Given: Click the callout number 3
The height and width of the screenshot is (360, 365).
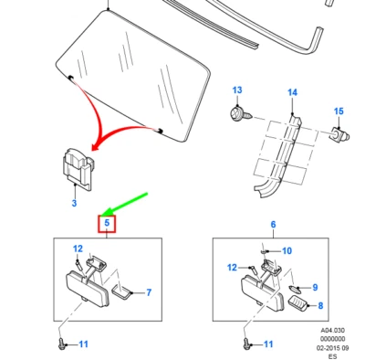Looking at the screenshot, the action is click(x=74, y=203).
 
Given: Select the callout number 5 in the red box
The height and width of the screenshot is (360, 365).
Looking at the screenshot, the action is click(x=107, y=223).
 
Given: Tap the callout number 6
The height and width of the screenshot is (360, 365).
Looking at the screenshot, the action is click(x=273, y=225).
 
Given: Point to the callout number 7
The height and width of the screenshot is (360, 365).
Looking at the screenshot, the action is click(x=149, y=292).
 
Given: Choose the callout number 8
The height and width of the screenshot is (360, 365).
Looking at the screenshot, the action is click(x=320, y=305).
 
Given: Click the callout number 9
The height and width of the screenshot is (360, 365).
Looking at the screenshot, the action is click(x=315, y=287).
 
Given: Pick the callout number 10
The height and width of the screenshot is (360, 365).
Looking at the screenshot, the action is click(x=287, y=250).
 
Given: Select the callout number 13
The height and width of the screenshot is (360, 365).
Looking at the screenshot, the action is click(x=237, y=90).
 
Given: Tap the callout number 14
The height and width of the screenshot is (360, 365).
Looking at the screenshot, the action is click(x=292, y=92).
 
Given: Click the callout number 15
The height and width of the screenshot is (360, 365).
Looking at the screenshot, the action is click(x=339, y=111).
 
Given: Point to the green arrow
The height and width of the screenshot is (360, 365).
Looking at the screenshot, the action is click(x=125, y=204).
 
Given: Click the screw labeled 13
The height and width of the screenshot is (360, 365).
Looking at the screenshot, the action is click(x=241, y=115).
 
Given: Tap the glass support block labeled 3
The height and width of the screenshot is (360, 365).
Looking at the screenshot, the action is click(x=78, y=169).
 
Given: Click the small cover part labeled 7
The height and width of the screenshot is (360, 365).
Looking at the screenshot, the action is click(x=122, y=291).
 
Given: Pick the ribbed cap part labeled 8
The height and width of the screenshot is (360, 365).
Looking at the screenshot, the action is click(x=298, y=303).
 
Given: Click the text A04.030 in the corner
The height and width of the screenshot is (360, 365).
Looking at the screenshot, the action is click(x=332, y=331).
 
